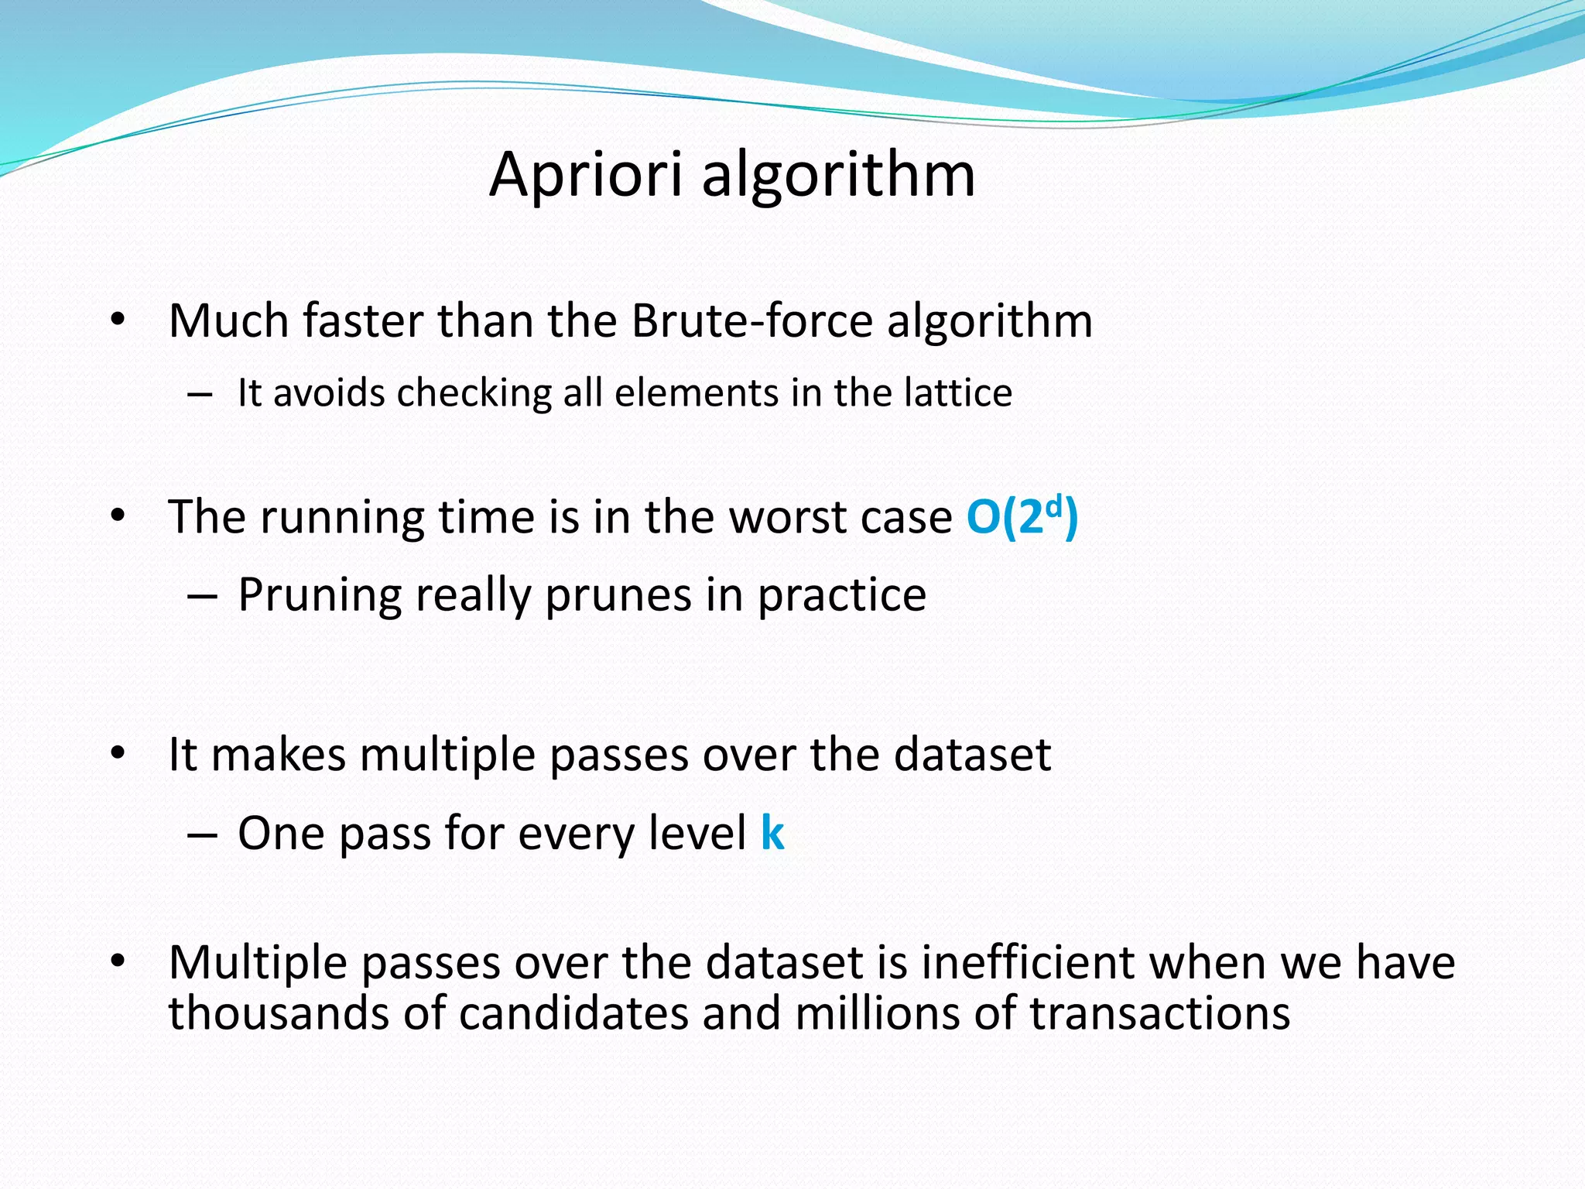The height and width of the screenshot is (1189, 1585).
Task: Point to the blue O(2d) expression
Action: [1022, 516]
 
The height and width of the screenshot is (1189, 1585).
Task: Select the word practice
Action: [841, 595]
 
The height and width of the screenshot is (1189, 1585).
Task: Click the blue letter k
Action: [772, 833]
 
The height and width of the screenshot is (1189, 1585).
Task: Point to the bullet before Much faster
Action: [118, 320]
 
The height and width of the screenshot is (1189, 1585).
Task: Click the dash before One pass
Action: [200, 834]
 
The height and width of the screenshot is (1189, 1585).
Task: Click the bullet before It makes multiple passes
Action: [118, 754]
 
